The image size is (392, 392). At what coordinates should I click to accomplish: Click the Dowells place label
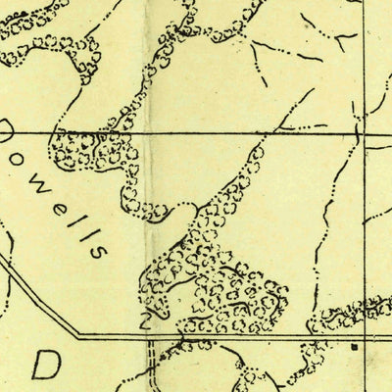point(54,191)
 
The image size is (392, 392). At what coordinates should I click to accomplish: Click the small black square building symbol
point(354,346)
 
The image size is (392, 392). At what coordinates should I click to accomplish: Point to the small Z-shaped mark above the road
point(146,318)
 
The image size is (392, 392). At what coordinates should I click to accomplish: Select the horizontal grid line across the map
point(196,132)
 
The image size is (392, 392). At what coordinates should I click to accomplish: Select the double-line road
point(245,336)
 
